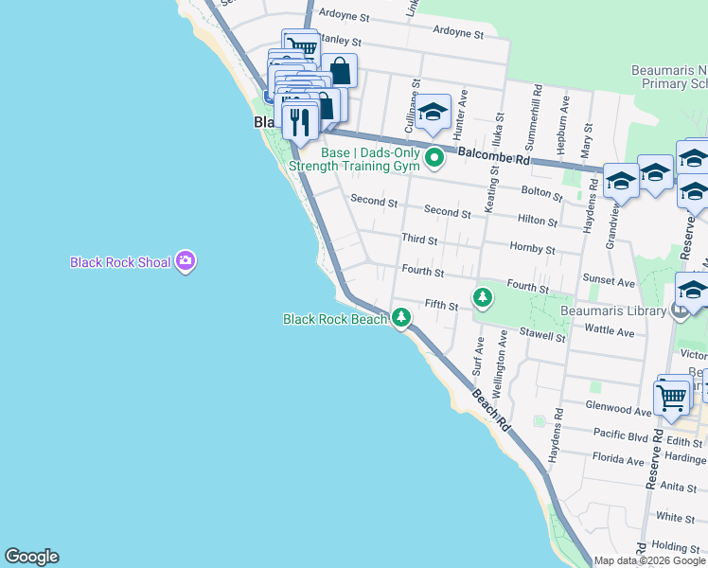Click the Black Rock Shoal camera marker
pyautogui.click(x=186, y=261)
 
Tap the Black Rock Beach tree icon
pyautogui.click(x=402, y=317)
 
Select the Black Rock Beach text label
pyautogui.click(x=335, y=320)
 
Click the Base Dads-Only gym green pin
pyautogui.click(x=434, y=157)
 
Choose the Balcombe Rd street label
pyautogui.click(x=495, y=157)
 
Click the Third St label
pyautogui.click(x=419, y=240)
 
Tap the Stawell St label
pyautogui.click(x=542, y=336)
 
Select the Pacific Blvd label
pyautogui.click(x=620, y=435)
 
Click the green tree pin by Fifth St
pyautogui.click(x=483, y=298)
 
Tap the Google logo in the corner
pyautogui.click(x=31, y=557)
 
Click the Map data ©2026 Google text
pyautogui.click(x=648, y=560)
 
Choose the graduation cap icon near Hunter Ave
pyautogui.click(x=433, y=115)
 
